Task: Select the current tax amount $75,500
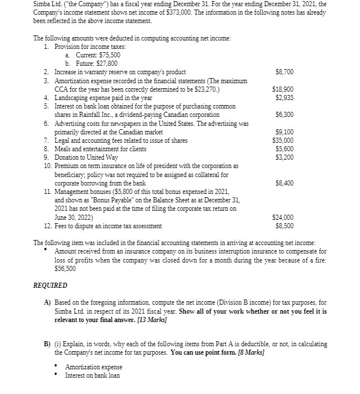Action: pyautogui.click(x=109, y=55)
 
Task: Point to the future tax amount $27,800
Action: pyautogui.click(x=107, y=64)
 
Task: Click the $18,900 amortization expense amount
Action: pyautogui.click(x=282, y=89)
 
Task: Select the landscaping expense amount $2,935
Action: pyautogui.click(x=284, y=98)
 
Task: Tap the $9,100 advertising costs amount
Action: pyautogui.click(x=284, y=132)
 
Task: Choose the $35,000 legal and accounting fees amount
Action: pyautogui.click(x=282, y=141)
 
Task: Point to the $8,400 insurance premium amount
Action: pyautogui.click(x=284, y=183)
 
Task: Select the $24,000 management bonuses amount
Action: pyautogui.click(x=282, y=218)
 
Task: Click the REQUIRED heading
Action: pyautogui.click(x=50, y=285)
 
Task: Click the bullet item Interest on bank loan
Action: pyautogui.click(x=92, y=375)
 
